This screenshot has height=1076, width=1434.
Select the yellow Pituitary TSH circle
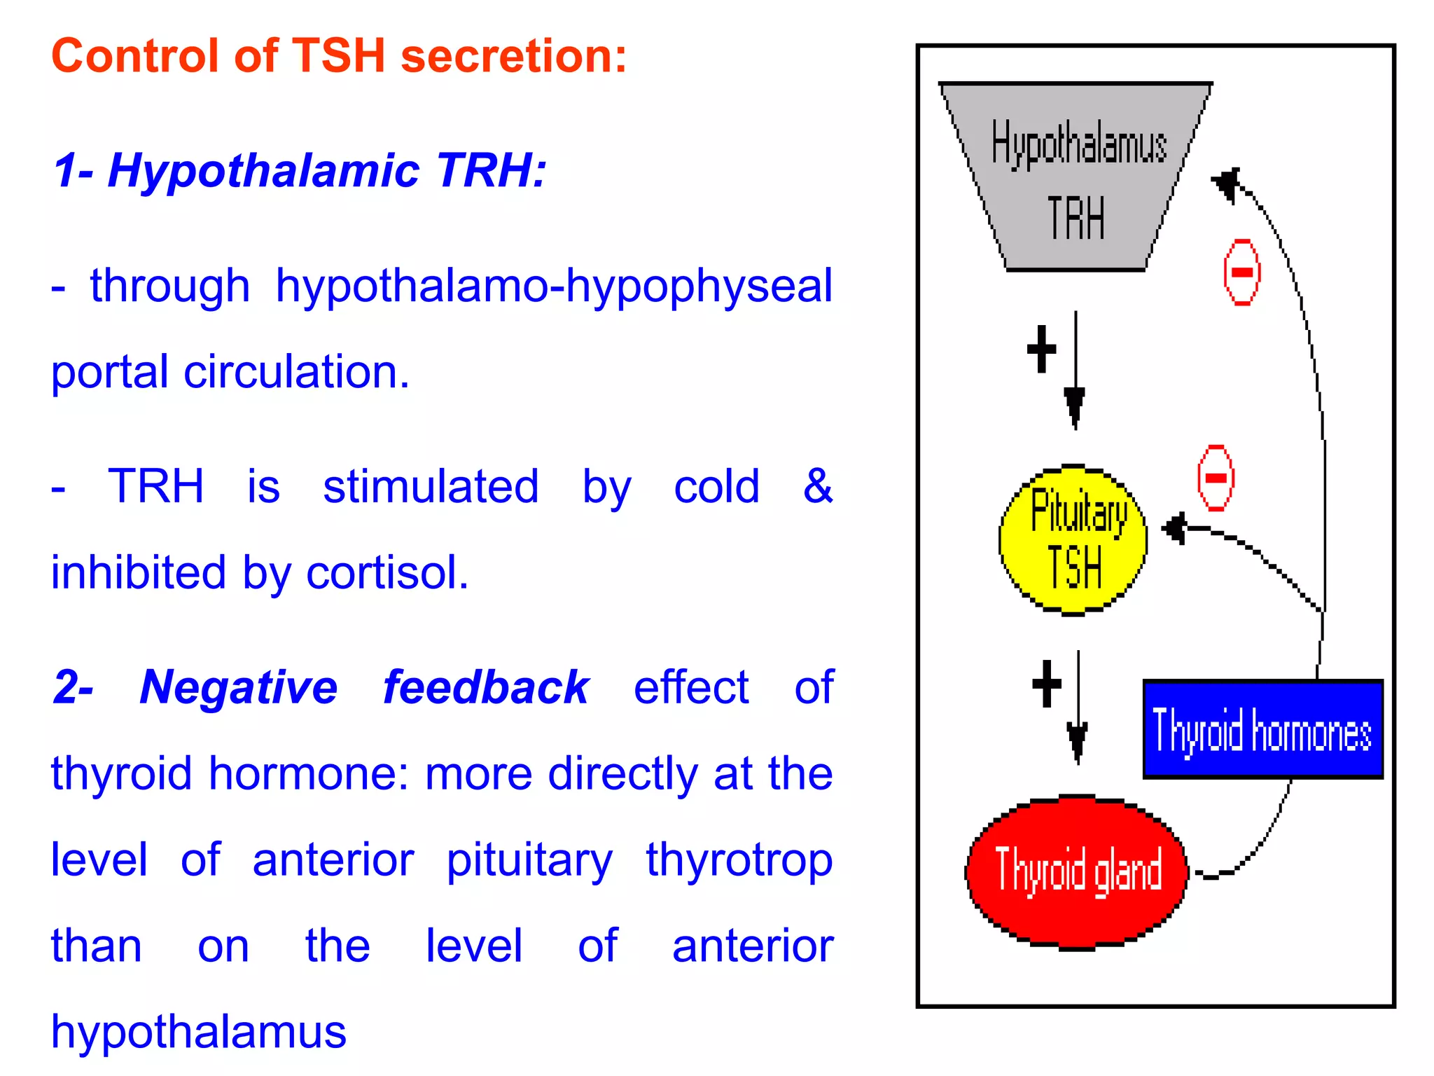coord(1073,540)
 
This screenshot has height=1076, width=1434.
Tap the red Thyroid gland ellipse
coord(1077,872)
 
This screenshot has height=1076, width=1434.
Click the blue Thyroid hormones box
coord(1262,729)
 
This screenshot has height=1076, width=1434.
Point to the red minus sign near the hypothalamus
coord(1241,272)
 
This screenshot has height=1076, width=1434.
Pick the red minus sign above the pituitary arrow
coord(1216,478)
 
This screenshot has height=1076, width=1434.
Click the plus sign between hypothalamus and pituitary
coord(1041,349)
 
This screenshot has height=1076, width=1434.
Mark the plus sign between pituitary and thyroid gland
coord(1047,684)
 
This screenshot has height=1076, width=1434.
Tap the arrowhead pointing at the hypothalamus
coord(1227,184)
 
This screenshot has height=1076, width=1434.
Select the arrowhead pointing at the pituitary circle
coord(1174,528)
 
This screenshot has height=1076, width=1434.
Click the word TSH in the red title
coord(338,55)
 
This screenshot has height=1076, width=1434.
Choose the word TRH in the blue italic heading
coord(490,170)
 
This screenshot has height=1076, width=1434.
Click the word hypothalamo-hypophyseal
coord(554,286)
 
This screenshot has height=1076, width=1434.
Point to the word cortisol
coord(387,572)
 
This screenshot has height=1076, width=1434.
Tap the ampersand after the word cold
coord(817,485)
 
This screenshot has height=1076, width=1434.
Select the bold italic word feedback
coord(486,687)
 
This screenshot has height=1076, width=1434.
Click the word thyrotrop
coord(739,860)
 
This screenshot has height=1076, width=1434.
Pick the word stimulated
coord(431,486)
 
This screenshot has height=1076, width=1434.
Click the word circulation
coord(296,371)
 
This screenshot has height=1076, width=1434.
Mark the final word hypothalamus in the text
coord(199,1032)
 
